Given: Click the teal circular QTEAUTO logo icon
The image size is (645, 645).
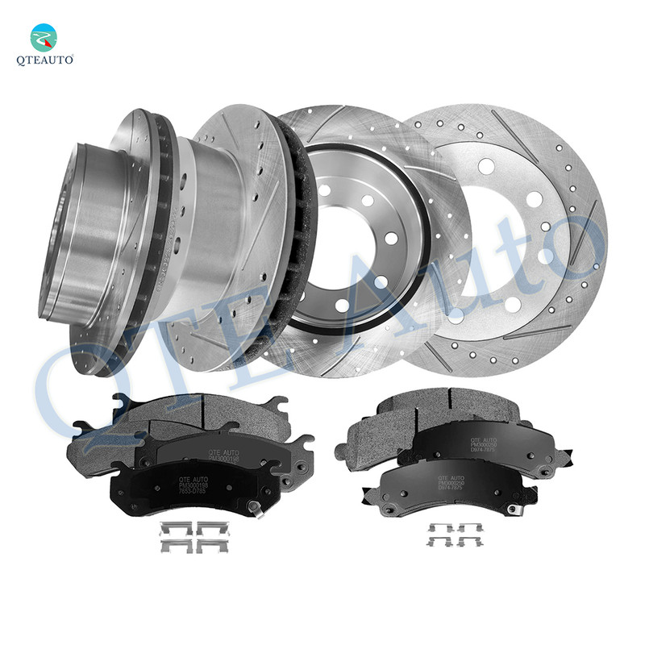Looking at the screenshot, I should pyautogui.click(x=44, y=37).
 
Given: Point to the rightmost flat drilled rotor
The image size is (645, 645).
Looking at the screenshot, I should pyautogui.click(x=516, y=234).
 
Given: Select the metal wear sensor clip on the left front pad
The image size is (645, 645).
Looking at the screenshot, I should pyautogui.click(x=256, y=507).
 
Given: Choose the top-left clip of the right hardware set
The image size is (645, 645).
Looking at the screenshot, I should pyautogui.click(x=440, y=528).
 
